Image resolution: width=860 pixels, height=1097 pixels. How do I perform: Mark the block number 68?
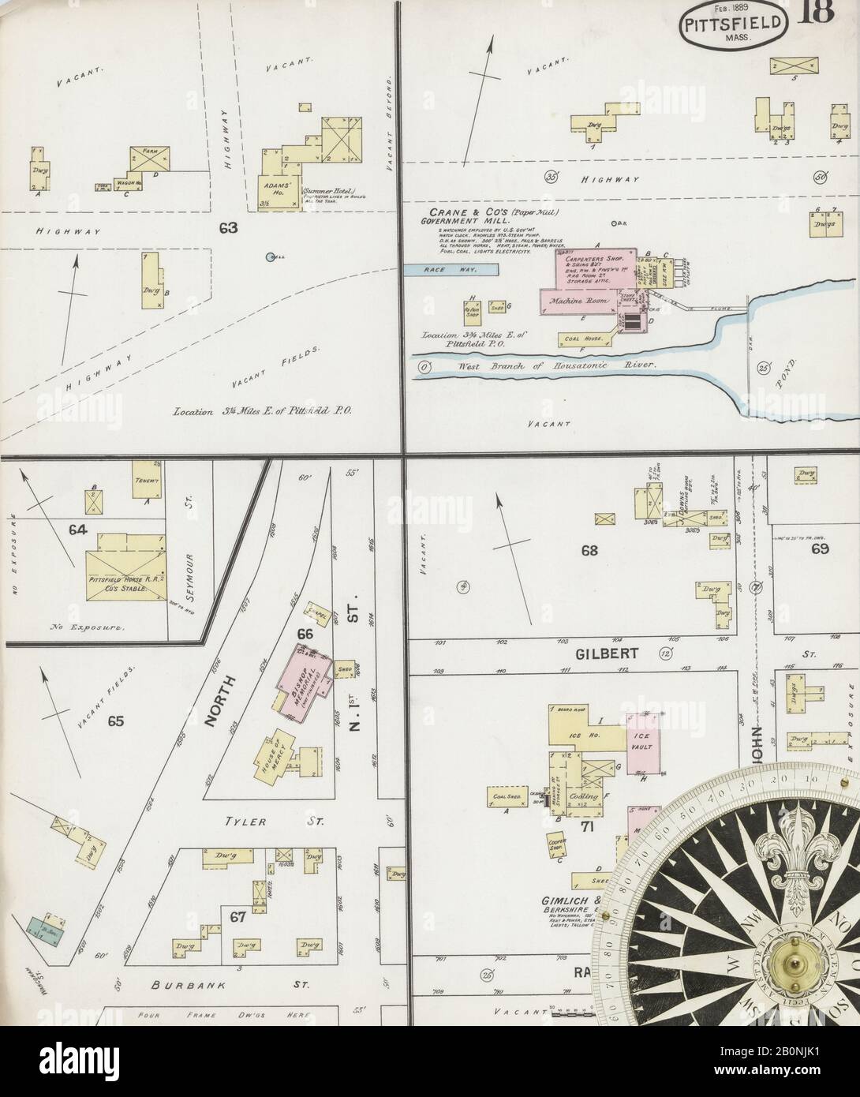(x=589, y=551)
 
